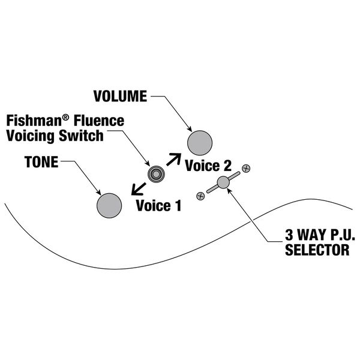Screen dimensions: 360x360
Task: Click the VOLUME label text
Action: click(x=119, y=96)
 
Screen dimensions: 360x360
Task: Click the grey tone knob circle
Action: click(x=109, y=204)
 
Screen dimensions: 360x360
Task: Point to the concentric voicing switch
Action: click(x=156, y=174)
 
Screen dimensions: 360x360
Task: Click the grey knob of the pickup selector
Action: click(x=223, y=182)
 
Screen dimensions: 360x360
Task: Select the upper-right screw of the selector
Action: click(x=246, y=167)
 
